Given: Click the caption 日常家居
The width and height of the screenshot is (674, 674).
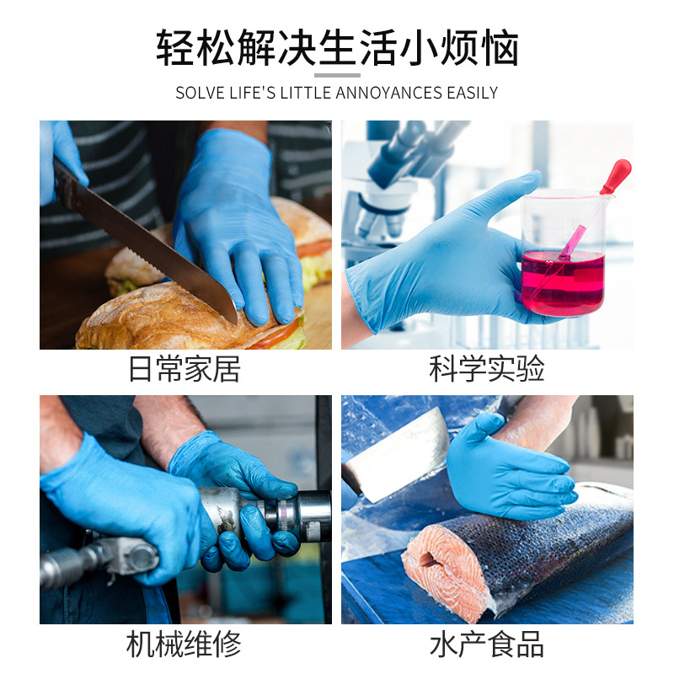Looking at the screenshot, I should tap(185, 369).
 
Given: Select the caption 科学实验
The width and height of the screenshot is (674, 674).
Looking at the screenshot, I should tap(487, 369).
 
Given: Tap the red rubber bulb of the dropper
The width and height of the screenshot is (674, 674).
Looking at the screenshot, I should tap(622, 177).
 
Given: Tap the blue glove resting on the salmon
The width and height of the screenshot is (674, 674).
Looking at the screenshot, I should tap(505, 472).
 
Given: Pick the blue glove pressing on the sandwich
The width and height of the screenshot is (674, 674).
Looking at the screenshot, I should tap(240, 219).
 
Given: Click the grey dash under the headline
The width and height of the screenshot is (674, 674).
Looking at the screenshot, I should tap(337, 76).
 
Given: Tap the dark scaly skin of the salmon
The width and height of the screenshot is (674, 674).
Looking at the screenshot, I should tap(556, 548).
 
